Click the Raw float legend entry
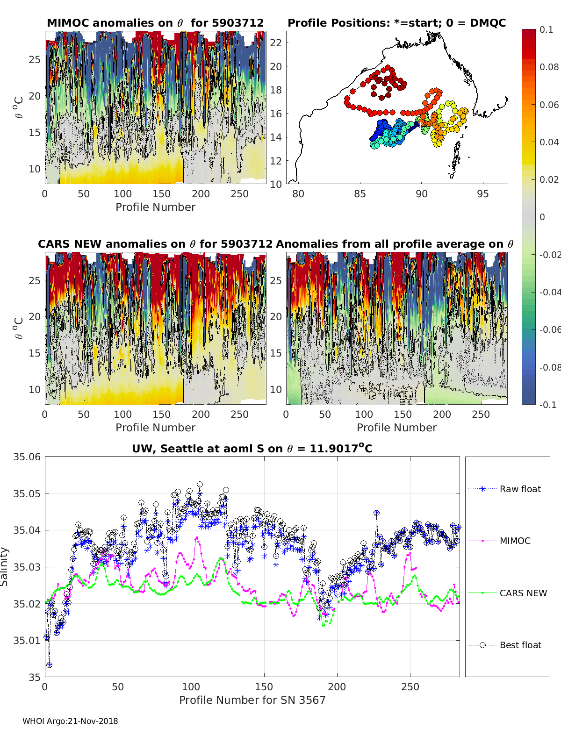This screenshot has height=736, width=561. point(504,489)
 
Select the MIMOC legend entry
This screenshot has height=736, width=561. point(499,541)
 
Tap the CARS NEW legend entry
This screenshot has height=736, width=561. point(507,593)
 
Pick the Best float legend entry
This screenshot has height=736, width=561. point(504,645)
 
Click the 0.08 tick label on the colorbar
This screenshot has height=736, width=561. point(549,67)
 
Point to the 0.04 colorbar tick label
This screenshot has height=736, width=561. point(549,142)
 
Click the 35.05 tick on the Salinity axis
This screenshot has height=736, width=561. point(27,493)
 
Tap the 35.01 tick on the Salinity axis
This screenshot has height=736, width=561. point(27,641)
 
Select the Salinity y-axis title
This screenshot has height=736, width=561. point(4,567)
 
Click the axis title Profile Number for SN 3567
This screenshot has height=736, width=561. point(252,700)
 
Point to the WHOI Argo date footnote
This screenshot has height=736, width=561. point(70,721)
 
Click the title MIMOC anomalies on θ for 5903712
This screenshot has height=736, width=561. point(155,23)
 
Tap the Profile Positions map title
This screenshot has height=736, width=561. point(397,23)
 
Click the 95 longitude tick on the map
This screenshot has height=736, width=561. point(483,194)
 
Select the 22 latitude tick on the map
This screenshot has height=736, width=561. point(276,43)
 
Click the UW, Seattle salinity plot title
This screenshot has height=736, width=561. point(252,448)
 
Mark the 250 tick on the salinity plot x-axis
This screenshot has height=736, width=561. point(410,687)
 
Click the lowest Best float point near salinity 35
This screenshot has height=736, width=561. point(49,665)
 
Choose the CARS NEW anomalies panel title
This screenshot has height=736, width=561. point(155,244)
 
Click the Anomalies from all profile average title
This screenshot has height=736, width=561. point(395,244)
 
